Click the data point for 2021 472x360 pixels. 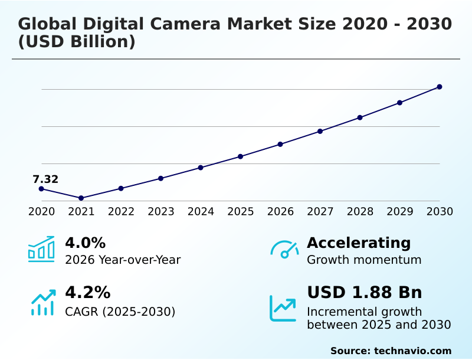click(x=81, y=198)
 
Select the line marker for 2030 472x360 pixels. click(x=440, y=87)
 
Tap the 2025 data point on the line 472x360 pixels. click(x=241, y=156)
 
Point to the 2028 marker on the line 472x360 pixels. click(x=360, y=117)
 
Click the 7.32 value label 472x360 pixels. click(x=45, y=179)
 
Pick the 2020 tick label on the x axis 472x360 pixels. click(x=41, y=211)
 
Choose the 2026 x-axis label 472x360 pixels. click(x=280, y=211)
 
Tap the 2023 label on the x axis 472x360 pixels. click(x=161, y=211)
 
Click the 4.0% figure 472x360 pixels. click(x=85, y=243)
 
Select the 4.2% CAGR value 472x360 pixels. click(x=87, y=293)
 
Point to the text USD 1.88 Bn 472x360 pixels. click(x=365, y=293)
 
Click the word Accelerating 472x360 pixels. click(x=359, y=243)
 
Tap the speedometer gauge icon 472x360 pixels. click(x=284, y=250)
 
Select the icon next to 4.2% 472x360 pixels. click(x=42, y=302)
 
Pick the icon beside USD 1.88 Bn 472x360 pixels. click(x=283, y=308)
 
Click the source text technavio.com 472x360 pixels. click(x=412, y=351)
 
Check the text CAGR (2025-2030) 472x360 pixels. click(x=120, y=311)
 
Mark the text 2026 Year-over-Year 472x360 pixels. click(x=123, y=260)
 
